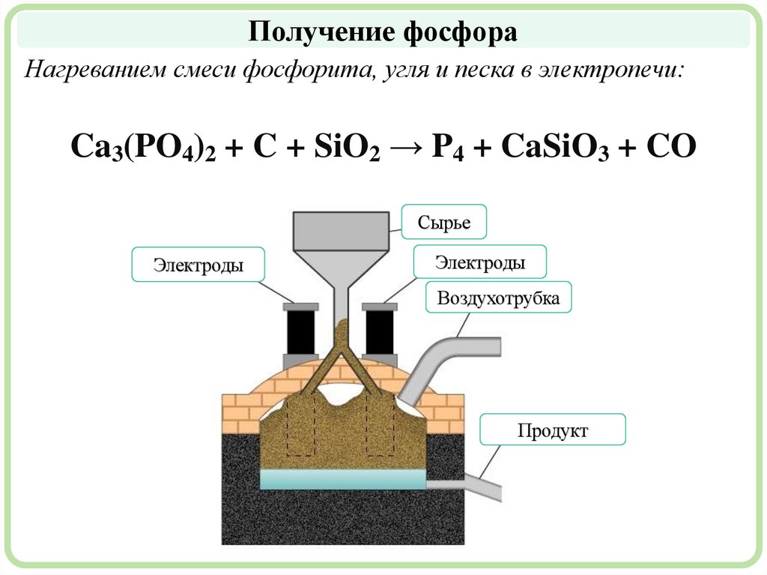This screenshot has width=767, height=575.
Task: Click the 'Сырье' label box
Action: (x=445, y=223)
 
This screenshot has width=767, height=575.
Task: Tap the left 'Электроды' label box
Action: (x=198, y=265)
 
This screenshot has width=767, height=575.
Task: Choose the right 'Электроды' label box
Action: (x=479, y=262)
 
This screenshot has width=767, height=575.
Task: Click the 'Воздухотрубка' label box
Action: (x=498, y=298)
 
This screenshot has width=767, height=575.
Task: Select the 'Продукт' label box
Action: (x=552, y=431)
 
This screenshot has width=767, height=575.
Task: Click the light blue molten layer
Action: (x=342, y=479)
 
